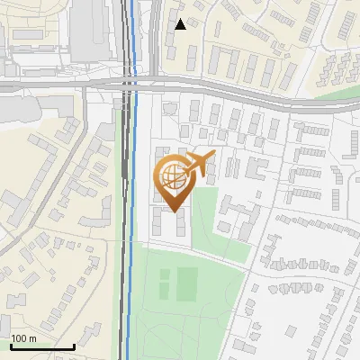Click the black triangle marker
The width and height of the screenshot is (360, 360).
[x=181, y=24]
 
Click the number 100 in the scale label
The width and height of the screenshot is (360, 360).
[x=20, y=338]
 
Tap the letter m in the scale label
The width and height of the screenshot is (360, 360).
[x=33, y=338]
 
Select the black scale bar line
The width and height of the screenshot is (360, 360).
[x=41, y=346]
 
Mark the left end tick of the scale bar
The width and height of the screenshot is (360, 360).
[x=11, y=346]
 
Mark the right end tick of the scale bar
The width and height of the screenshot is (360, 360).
[x=73, y=346]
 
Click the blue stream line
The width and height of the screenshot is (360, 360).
[x=132, y=270]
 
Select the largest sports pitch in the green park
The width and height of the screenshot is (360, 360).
[x=187, y=283]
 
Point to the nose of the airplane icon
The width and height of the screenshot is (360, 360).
[x=213, y=156]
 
